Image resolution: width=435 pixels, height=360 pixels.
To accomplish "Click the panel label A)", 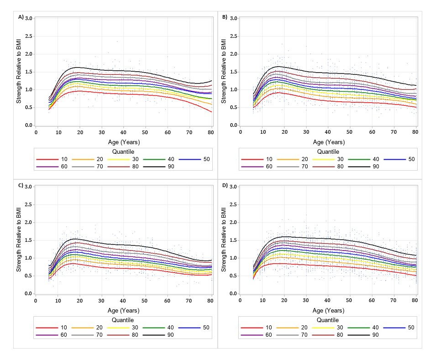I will pos(21,17).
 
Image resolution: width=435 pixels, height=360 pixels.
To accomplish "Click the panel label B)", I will pos(225,17).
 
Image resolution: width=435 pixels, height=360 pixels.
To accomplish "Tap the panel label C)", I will pos(21,185).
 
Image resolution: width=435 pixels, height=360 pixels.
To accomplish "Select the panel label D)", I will pos(225,185).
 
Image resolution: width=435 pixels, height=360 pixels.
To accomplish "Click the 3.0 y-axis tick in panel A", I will pos(28,18).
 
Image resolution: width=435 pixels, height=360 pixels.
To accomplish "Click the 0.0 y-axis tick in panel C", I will pos(28,294).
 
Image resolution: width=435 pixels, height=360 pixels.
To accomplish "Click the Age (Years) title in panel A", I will pos(124,141).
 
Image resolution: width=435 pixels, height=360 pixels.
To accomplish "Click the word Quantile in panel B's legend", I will pos(328,151).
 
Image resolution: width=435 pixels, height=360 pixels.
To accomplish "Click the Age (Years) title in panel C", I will pos(124,310).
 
